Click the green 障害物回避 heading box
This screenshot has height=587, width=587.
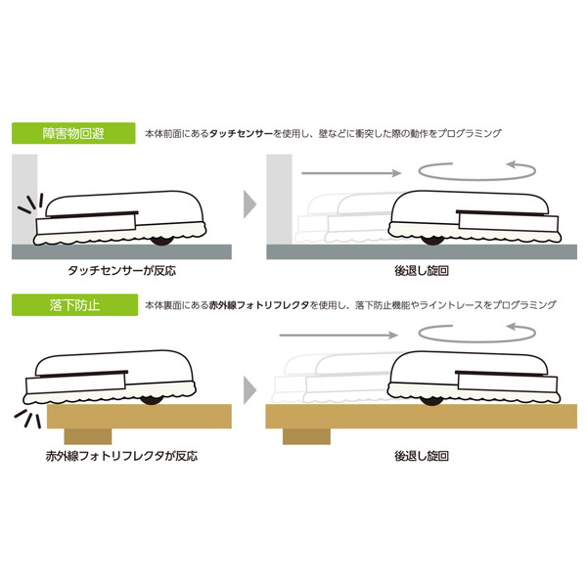tap(73, 133)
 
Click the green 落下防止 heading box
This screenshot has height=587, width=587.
tap(75, 305)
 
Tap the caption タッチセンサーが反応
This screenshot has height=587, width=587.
tap(121, 271)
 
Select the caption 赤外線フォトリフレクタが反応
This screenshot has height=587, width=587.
tap(121, 456)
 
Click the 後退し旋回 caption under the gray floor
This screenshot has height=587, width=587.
tap(422, 271)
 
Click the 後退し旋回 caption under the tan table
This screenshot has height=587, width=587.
tap(422, 456)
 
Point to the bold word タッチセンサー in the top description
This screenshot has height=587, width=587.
tap(241, 133)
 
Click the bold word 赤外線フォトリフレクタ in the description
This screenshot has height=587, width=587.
tap(259, 305)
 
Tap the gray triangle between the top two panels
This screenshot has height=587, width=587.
tap(249, 204)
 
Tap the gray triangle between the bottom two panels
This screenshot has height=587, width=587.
tap(249, 390)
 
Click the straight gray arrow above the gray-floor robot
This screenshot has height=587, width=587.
tap(351, 173)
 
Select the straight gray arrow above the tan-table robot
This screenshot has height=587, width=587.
tap(339, 335)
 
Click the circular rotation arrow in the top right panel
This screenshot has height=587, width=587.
tap(477, 179)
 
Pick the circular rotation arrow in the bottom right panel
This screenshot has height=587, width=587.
tap(477, 340)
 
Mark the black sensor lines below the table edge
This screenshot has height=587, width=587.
tap(27, 419)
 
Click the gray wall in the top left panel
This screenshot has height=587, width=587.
tap(24, 200)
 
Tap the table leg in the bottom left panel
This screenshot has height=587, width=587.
tap(88, 436)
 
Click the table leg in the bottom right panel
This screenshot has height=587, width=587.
tap(306, 436)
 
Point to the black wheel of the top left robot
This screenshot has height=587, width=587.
tap(162, 241)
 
